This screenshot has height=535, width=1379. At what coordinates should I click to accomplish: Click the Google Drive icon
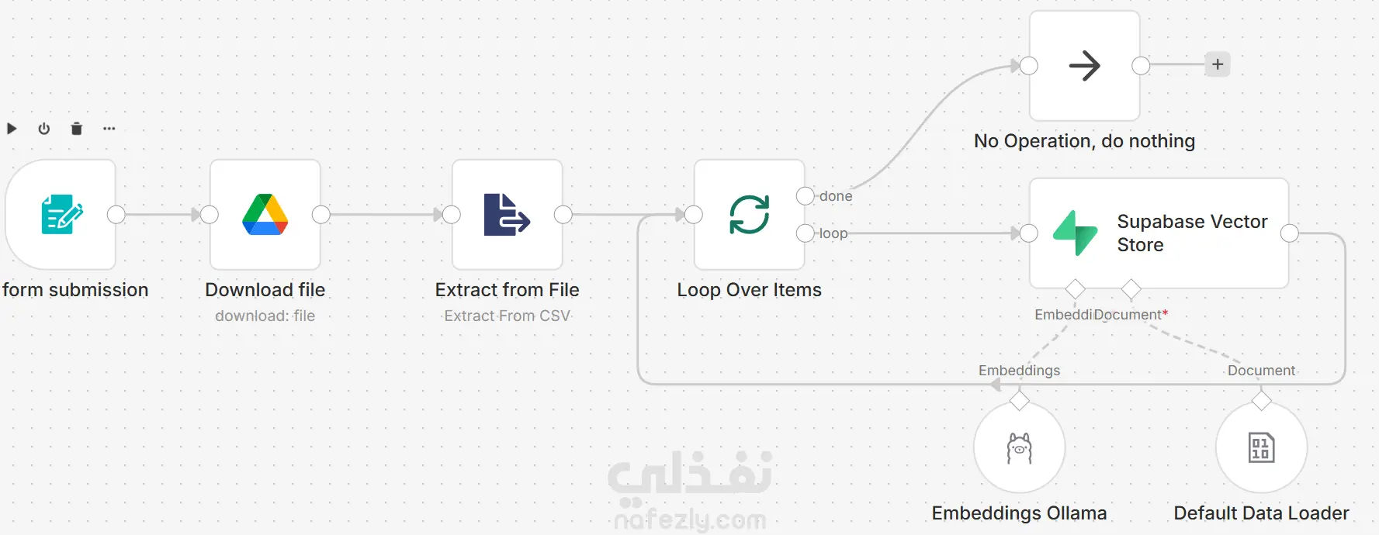265,215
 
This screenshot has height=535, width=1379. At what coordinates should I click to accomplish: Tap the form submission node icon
62,215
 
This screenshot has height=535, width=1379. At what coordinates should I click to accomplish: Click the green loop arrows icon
750,215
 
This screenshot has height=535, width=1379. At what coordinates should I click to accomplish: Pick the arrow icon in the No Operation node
1085,66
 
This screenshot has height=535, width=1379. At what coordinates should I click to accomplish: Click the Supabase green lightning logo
1076,233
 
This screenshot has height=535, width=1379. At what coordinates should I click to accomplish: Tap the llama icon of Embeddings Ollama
1020,448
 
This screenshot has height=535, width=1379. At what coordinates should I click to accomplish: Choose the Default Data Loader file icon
1262,448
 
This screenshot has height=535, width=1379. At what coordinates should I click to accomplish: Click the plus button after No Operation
1218,64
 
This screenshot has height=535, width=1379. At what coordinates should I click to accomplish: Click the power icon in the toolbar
44,129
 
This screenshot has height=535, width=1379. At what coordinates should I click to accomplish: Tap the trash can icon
77,129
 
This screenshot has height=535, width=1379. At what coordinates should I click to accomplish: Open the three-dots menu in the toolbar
109,129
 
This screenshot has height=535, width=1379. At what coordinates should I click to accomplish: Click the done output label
836,196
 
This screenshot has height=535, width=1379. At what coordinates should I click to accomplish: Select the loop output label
833,233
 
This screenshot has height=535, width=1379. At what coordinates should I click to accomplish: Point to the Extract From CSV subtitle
508,316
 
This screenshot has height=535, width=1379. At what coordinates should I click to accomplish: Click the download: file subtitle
265,316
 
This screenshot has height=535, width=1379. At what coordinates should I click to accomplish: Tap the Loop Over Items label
750,290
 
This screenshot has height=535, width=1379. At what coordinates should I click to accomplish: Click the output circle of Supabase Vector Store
1290,233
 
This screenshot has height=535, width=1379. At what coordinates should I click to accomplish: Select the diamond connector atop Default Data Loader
1262,401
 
